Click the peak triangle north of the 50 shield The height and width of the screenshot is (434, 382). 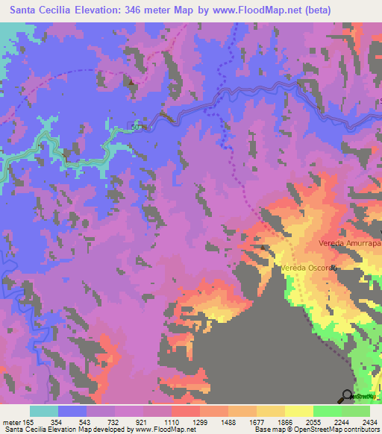(x=133, y=84)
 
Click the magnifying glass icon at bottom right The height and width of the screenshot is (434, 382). (x=347, y=396)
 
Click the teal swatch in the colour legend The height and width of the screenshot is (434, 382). (x=44, y=411)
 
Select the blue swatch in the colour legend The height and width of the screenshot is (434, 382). (x=72, y=411)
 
